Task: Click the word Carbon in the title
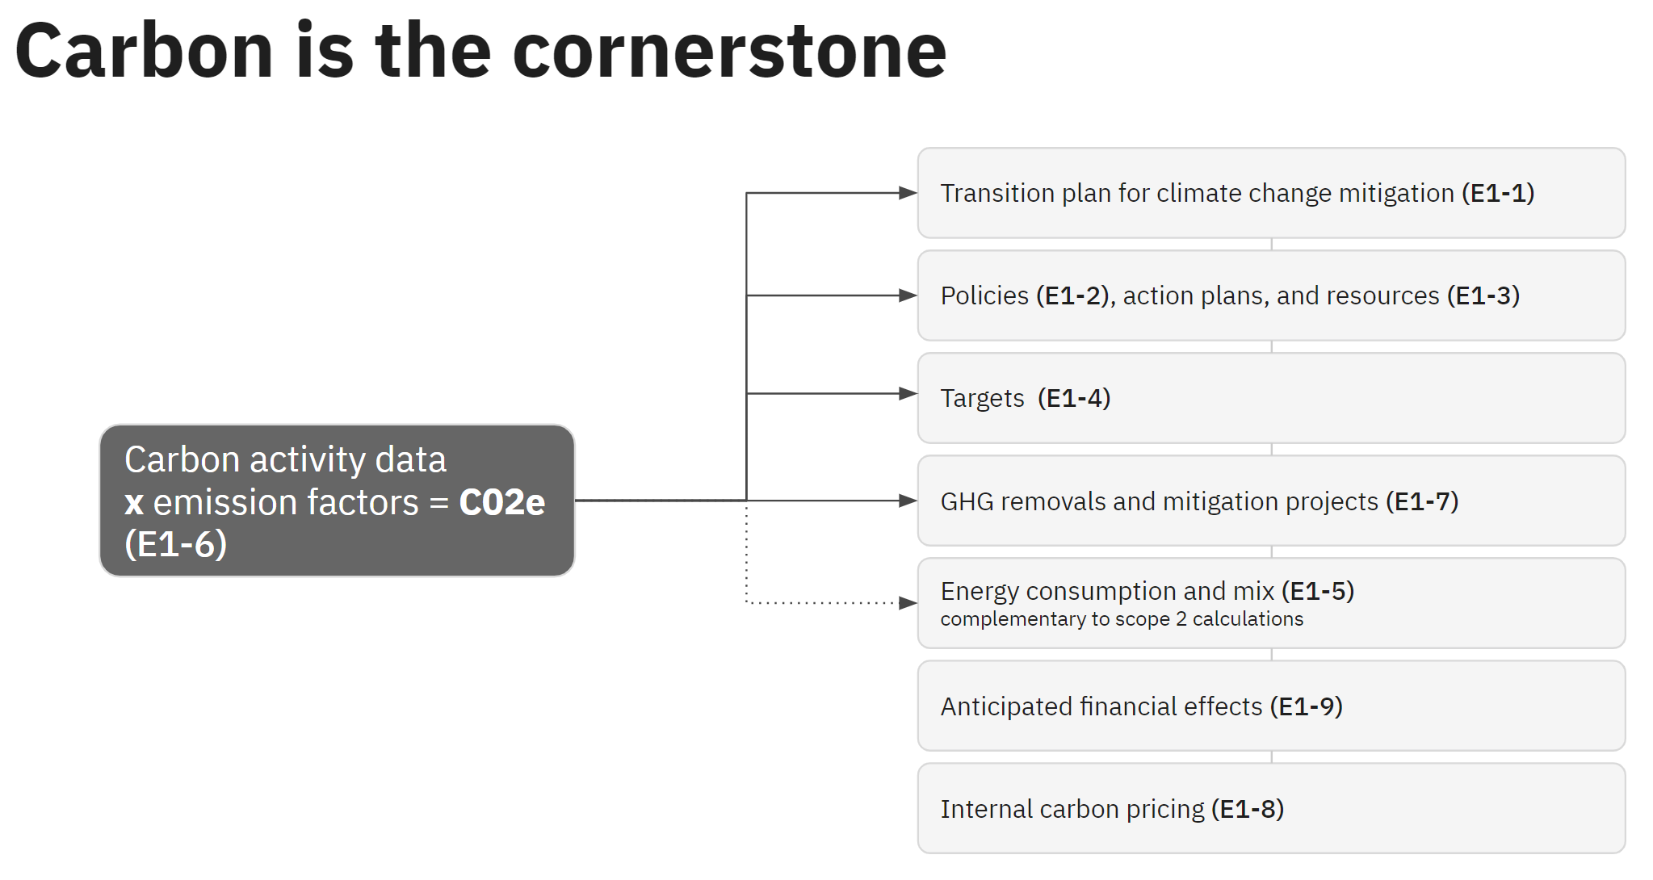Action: point(144,52)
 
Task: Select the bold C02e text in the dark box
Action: point(501,502)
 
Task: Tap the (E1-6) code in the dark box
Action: point(175,544)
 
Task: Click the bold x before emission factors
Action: point(134,503)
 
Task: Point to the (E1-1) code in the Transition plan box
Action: point(1497,194)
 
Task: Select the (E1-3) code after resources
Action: point(1483,296)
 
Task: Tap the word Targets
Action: point(982,399)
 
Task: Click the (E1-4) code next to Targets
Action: point(1074,399)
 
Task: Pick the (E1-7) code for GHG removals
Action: point(1421,501)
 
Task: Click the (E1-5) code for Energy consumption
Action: point(1317,591)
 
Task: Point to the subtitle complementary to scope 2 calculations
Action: point(1121,619)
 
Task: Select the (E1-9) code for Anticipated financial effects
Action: point(1306,706)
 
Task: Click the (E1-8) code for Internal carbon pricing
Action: point(1247,809)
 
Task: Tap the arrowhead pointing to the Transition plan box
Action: point(908,193)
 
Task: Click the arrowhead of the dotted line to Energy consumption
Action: point(908,603)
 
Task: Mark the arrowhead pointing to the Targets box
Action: point(908,394)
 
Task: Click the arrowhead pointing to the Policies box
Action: point(908,295)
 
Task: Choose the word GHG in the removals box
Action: point(967,501)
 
